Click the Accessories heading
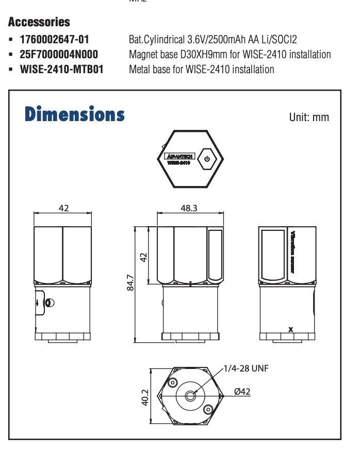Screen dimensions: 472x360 [x=39, y=23]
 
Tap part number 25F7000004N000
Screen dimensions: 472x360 [x=59, y=54]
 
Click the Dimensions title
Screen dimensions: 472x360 [x=74, y=114]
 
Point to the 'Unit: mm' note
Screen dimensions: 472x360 [x=309, y=117]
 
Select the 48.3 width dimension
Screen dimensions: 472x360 [x=190, y=207]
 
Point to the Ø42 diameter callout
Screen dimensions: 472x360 [x=242, y=391]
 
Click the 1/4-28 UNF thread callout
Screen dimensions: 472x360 [x=246, y=368]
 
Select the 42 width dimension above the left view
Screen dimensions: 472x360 [x=64, y=207]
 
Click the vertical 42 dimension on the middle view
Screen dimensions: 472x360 [x=144, y=256]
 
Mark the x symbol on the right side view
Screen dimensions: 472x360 [x=291, y=329]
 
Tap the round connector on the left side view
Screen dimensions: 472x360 [x=48, y=303]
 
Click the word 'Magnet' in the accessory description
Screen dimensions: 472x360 [x=143, y=54]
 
